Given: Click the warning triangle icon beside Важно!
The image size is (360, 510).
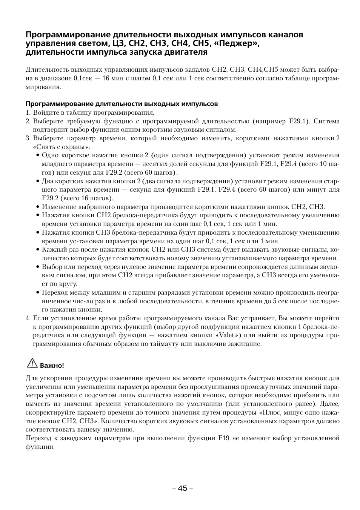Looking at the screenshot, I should tap(32, 364).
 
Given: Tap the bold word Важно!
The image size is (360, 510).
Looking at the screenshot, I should tap(52, 366).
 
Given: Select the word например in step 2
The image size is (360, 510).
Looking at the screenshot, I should tap(270, 121).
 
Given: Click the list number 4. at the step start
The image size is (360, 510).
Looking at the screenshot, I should tap(28, 318).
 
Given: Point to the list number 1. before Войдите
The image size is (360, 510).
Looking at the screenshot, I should tap(28, 112).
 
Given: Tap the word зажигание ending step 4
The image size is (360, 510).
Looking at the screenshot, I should tap(245, 344).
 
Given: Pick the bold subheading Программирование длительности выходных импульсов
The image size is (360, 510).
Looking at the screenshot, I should tap(122, 104).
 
